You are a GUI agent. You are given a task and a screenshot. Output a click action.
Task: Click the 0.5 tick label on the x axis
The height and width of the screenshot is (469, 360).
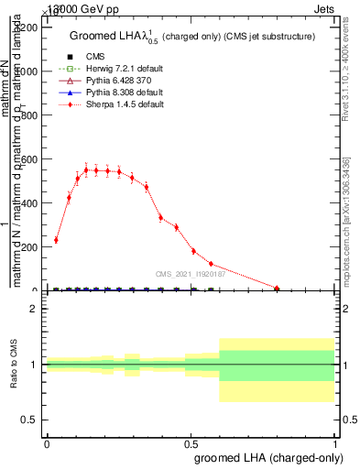pyautogui.click(x=191, y=442)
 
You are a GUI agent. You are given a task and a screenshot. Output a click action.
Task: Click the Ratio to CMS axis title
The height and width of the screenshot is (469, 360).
pyautogui.click(x=15, y=365)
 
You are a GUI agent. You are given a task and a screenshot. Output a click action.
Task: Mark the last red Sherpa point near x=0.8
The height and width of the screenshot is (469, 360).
pyautogui.click(x=277, y=288)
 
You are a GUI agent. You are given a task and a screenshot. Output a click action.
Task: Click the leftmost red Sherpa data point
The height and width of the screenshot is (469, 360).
pyautogui.click(x=56, y=240)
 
